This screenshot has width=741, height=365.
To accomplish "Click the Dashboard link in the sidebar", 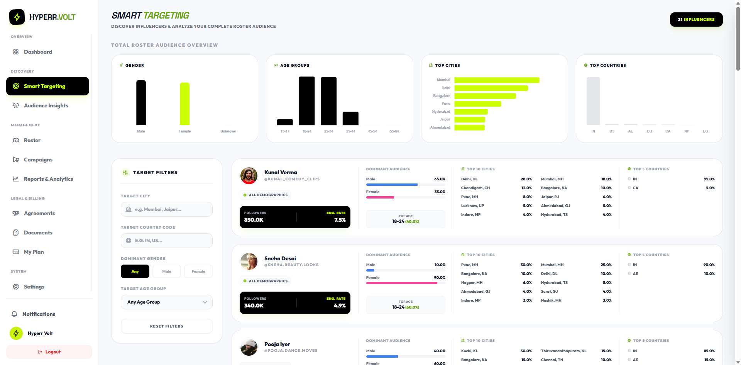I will (37, 52).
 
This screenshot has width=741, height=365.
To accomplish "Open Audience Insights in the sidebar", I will (46, 105).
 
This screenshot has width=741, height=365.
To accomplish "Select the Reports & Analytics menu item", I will (48, 179).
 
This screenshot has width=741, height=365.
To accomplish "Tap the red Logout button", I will (49, 352).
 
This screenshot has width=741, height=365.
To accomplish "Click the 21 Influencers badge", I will (696, 19).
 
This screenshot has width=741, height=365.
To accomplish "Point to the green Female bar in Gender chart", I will (184, 104).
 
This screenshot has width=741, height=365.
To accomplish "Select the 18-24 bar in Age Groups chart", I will (307, 101).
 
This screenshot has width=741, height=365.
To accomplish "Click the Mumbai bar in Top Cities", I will (496, 80).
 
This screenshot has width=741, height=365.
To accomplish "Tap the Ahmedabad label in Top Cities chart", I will (440, 127).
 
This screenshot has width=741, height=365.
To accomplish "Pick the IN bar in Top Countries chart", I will (593, 101).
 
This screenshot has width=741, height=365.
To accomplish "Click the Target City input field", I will (166, 209).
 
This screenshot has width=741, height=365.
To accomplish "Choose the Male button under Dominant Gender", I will (167, 272).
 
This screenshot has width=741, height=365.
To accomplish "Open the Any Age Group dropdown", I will (166, 302).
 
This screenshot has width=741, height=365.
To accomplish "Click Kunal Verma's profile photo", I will (249, 176).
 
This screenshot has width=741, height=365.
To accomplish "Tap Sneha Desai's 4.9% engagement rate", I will (340, 306).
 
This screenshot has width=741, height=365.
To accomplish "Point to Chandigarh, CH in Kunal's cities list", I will (475, 188).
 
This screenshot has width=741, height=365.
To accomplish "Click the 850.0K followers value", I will (254, 220).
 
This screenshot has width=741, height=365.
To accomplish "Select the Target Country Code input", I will (166, 241).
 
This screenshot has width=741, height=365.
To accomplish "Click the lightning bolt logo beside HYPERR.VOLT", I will (17, 17).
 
